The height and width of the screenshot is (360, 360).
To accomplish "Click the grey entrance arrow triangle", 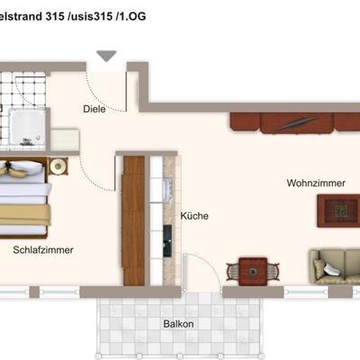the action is (x=106, y=56).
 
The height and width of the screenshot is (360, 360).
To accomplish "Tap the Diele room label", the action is (x=94, y=109).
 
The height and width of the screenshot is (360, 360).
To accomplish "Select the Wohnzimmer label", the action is (x=316, y=183).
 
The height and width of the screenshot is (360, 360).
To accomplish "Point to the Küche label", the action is (x=194, y=216).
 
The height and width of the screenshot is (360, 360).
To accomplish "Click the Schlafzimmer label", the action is (x=43, y=250).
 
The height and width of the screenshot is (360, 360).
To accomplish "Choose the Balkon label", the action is (x=178, y=324).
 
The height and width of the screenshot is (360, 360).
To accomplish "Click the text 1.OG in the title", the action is (x=133, y=16).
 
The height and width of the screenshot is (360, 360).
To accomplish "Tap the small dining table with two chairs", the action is (x=253, y=272).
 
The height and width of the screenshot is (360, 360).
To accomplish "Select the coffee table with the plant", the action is (x=338, y=211).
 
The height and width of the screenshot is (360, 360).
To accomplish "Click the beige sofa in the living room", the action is (x=335, y=266).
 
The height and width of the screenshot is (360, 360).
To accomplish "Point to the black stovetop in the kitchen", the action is (x=167, y=241).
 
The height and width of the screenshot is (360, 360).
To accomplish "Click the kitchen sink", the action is (x=167, y=190).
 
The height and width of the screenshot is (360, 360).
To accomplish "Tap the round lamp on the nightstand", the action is (x=58, y=166).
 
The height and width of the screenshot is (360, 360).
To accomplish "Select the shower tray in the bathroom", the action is (x=27, y=127).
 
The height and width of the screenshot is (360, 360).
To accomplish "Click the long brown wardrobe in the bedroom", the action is (x=133, y=220).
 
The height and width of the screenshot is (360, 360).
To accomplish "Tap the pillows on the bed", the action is (x=21, y=168).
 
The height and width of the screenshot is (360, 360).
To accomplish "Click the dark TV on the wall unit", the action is (x=298, y=123).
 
